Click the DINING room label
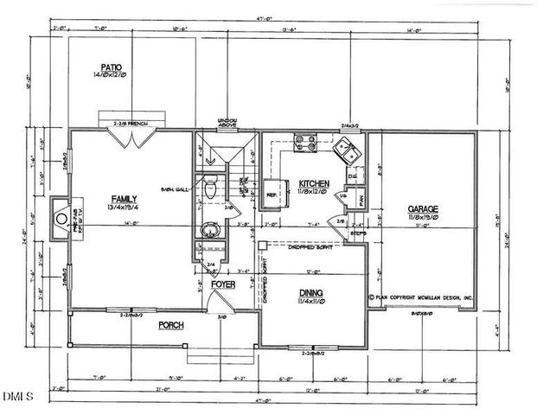(310, 294)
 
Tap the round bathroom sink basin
(207, 230)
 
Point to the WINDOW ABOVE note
(228, 123)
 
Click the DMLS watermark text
(17, 397)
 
